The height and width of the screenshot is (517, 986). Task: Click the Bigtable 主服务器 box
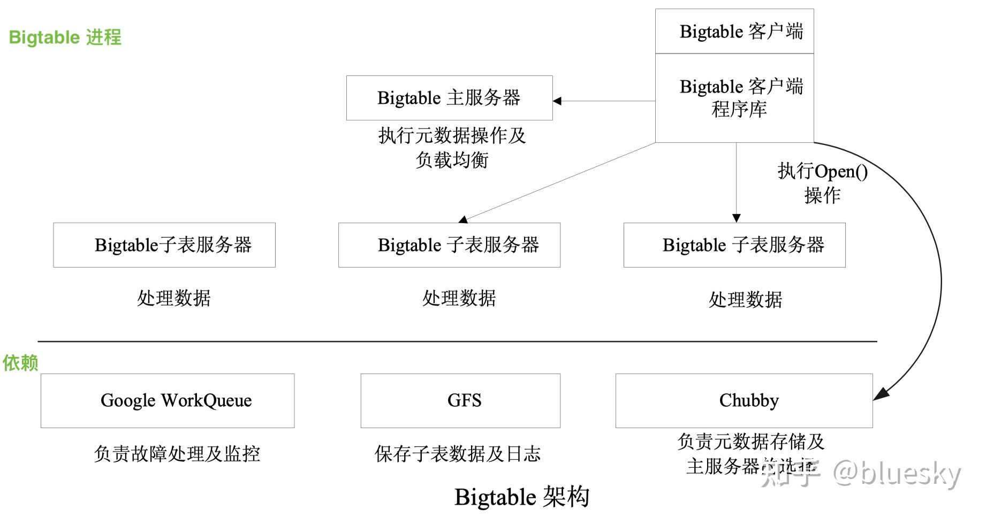click(x=449, y=98)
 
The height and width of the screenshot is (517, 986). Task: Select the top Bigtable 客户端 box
click(x=734, y=32)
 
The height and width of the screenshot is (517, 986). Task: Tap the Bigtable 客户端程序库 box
click(x=734, y=98)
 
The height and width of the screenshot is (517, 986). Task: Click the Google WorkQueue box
click(x=168, y=400)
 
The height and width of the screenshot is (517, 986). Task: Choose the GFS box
click(x=460, y=400)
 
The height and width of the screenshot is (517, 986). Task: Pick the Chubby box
click(x=744, y=400)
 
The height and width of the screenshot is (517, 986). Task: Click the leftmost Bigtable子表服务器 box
click(x=164, y=245)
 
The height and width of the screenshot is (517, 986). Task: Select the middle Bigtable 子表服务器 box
click(x=449, y=245)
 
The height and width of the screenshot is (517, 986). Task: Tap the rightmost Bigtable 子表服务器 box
click(x=734, y=245)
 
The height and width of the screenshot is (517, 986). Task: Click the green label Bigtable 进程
click(x=65, y=37)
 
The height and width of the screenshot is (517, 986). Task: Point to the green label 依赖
click(x=20, y=363)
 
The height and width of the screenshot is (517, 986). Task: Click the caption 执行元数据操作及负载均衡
click(x=452, y=147)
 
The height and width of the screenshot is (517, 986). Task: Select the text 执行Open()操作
click(x=823, y=183)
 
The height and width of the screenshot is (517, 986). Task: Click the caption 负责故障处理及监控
click(x=177, y=454)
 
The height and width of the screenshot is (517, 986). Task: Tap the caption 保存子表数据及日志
click(x=458, y=454)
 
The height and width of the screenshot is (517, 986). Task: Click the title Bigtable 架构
click(x=522, y=497)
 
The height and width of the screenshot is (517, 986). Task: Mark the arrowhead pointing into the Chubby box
click(x=881, y=395)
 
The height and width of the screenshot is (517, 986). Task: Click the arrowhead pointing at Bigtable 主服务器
click(x=557, y=101)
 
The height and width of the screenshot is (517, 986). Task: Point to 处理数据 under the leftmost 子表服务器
click(x=174, y=298)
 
